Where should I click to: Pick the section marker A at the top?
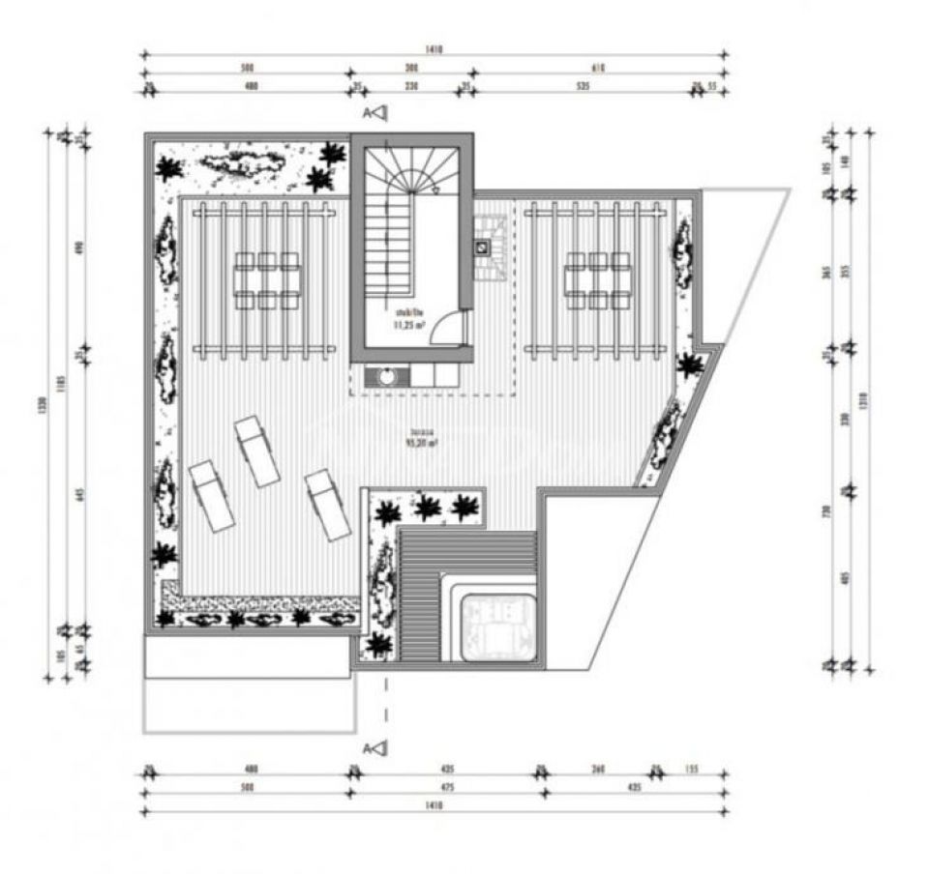tap(376, 114)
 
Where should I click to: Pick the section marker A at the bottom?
tap(376, 746)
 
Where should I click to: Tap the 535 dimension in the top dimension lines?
tap(583, 87)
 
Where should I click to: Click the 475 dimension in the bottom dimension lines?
tap(446, 787)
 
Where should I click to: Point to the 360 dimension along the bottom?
tap(598, 771)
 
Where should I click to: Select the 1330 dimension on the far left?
tap(42, 406)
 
